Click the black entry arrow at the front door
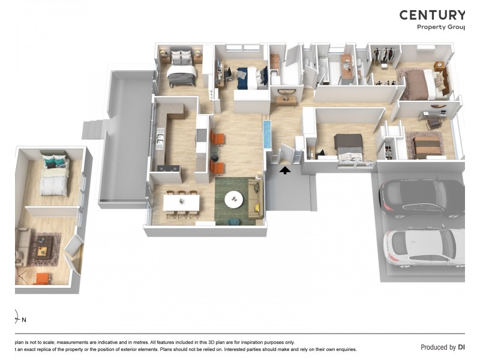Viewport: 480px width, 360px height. click(285, 170)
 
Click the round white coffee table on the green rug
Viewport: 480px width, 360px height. click(234, 199)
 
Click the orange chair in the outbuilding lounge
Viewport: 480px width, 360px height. click(43, 278)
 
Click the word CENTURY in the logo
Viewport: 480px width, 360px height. click(432, 16)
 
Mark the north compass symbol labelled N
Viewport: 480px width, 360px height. click(20, 318)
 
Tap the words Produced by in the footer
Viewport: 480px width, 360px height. click(438, 347)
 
